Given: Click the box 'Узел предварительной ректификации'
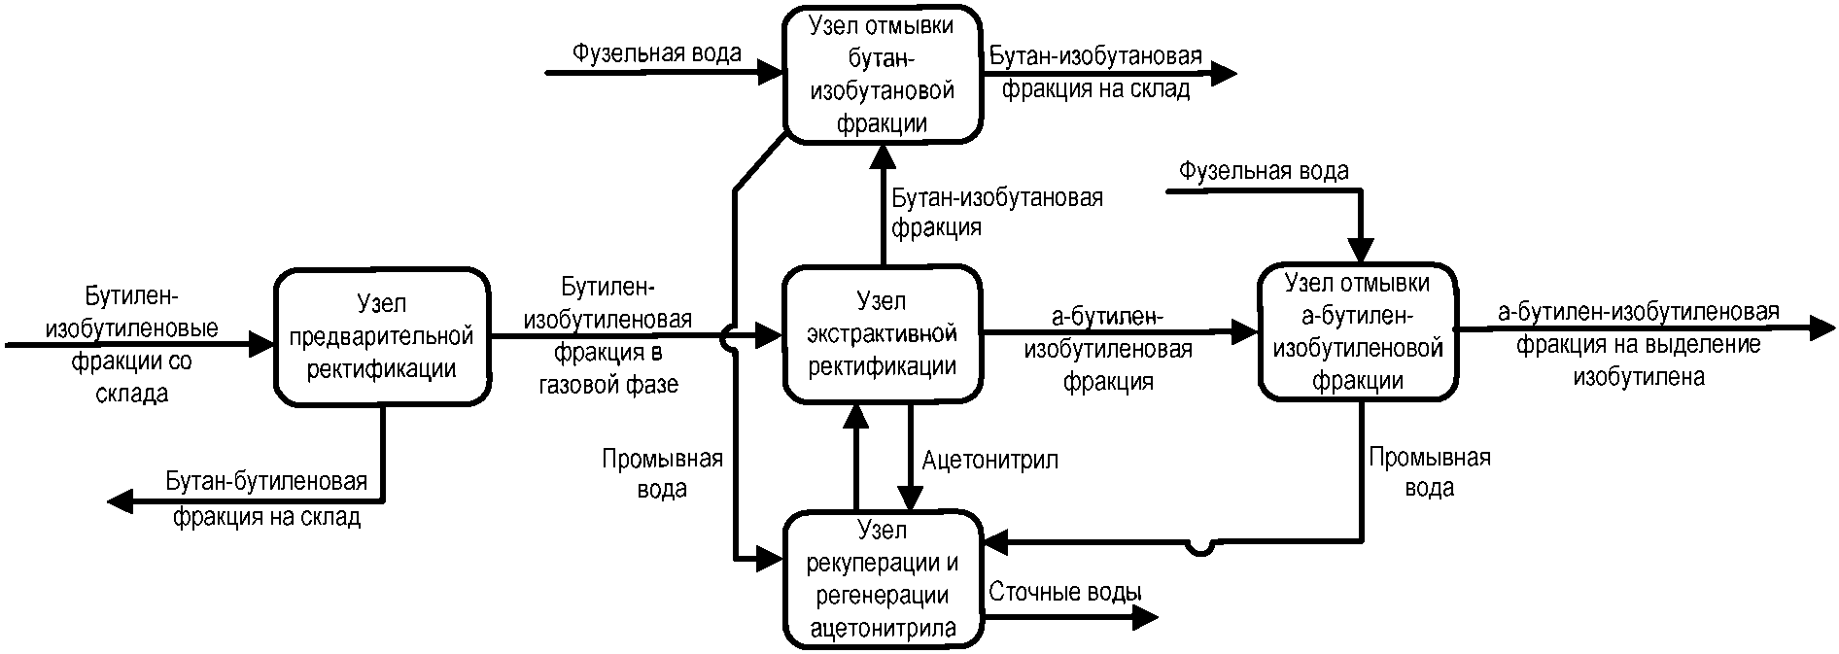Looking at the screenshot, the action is pos(382,336).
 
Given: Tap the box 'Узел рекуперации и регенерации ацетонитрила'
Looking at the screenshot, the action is pos(883,578).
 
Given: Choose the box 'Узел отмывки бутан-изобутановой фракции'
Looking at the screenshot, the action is pos(883,74).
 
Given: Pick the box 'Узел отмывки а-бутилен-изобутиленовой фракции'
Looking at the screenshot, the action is pos(1358,331).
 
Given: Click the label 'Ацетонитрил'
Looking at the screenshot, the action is pos(990,460).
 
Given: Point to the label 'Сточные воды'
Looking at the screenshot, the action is pos(1065,592).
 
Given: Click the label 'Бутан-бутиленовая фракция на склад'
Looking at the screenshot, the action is pos(267,499).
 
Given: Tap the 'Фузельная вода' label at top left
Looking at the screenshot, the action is pos(656,52).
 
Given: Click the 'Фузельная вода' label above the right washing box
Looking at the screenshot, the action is pos(1264,172).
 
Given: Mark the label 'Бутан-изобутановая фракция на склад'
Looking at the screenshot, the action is pos(1095,73).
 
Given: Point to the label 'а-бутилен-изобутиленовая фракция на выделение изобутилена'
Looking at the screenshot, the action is pos(1639,344).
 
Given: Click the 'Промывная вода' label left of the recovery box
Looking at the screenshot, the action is pos(662,473).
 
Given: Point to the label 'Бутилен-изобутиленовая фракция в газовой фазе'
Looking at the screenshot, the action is pos(607,335).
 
